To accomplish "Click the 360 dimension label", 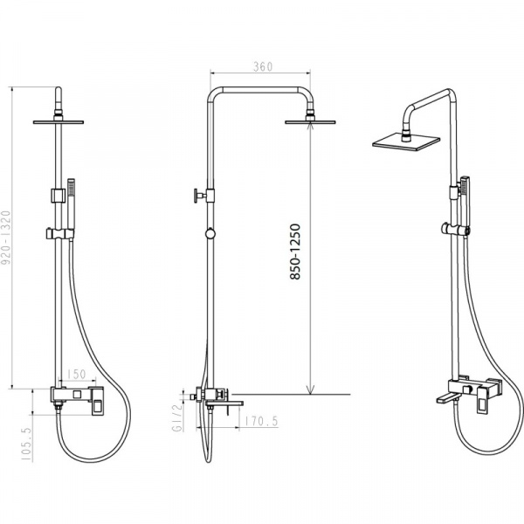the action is pyautogui.click(x=263, y=67).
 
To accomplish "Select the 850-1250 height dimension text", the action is pyautogui.click(x=295, y=252).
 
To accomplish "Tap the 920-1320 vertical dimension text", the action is pyautogui.click(x=6, y=238).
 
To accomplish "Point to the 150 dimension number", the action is pyautogui.click(x=77, y=375).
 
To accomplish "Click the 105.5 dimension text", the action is pyautogui.click(x=27, y=445).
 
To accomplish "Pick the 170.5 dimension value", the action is pyautogui.click(x=262, y=422).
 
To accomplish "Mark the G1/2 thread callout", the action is pyautogui.click(x=178, y=417).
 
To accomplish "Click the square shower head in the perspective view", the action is pyautogui.click(x=406, y=141).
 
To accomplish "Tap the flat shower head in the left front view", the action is pyautogui.click(x=59, y=122).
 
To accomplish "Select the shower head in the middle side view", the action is pyautogui.click(x=310, y=122).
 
